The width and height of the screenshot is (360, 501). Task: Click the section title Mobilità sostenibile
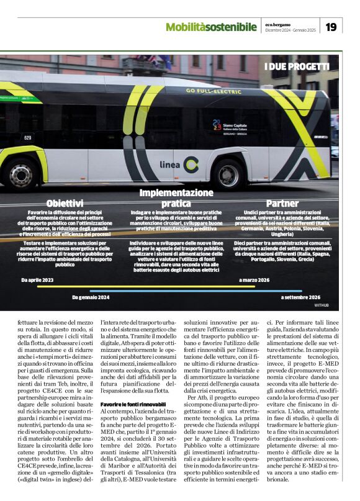pyautogui.click(x=211, y=27)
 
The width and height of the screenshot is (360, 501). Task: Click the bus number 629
pyautogui.click(x=28, y=138)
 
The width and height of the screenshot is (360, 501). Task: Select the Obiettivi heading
pyautogui.click(x=65, y=203)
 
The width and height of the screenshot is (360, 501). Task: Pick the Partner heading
pyautogui.click(x=282, y=203)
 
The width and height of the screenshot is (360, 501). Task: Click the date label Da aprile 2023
pyautogui.click(x=37, y=281)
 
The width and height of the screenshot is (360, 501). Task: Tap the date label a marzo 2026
pyautogui.click(x=254, y=281)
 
